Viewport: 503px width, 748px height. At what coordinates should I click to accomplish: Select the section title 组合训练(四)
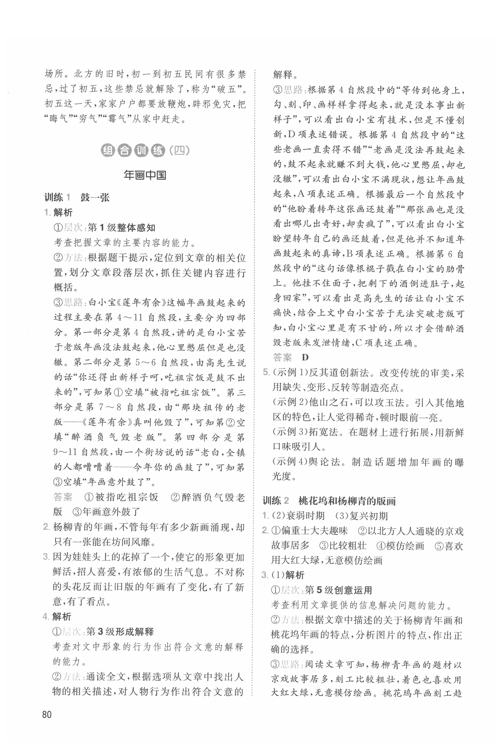click(x=145, y=150)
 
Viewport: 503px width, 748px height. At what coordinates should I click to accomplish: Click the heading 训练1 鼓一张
click(x=77, y=197)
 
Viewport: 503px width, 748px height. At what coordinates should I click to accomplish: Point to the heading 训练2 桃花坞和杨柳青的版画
click(x=329, y=501)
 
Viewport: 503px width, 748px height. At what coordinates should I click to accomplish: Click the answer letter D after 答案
click(x=305, y=357)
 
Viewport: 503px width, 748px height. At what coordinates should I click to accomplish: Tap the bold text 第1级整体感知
click(x=122, y=228)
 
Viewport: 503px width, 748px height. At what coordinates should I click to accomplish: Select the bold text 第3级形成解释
click(x=120, y=632)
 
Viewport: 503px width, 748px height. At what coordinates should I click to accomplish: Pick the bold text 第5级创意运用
click(x=339, y=590)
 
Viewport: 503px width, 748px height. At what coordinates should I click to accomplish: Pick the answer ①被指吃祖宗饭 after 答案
click(x=121, y=497)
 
